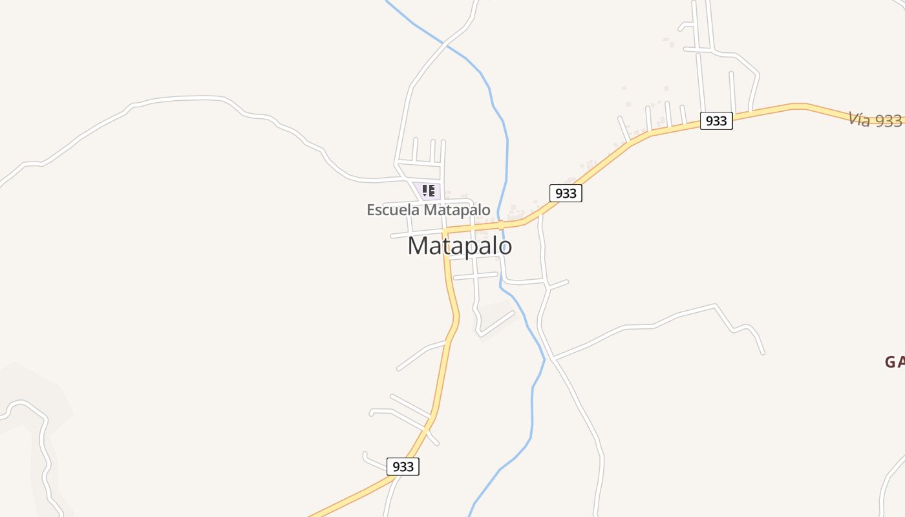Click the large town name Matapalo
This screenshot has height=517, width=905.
point(460,246)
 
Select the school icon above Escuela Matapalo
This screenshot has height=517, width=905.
point(427,191)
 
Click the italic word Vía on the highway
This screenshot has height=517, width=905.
point(859,120)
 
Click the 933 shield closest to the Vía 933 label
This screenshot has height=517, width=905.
point(716,121)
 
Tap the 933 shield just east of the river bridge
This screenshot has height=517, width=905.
point(566,193)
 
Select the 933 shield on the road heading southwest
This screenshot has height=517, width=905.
point(403,467)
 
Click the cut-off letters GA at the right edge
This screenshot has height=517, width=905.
point(894,362)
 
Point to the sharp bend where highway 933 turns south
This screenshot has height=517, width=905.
point(445,231)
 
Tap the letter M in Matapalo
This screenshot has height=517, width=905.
point(418,246)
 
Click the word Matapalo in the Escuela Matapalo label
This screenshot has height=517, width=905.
point(456,210)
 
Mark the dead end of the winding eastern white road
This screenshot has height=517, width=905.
point(763,353)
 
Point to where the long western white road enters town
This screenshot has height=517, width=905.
point(396,178)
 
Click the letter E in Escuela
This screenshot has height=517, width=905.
point(370,210)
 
